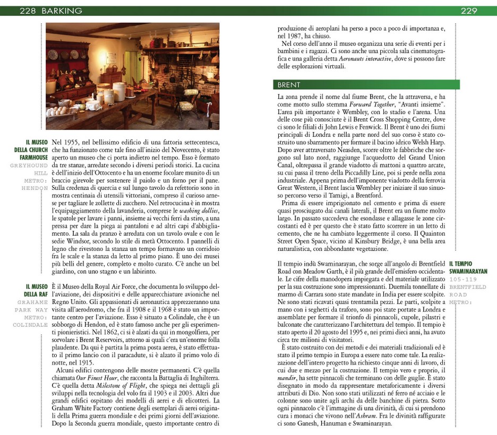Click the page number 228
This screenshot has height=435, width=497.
[x=28, y=11]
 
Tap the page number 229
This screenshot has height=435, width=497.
[x=469, y=11]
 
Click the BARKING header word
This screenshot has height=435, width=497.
[x=62, y=11]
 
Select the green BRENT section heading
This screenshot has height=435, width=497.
[x=289, y=85]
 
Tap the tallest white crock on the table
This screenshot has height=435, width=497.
[x=119, y=91]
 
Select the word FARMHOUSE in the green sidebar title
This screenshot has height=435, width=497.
[x=33, y=158]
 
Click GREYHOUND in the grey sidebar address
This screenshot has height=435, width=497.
[x=29, y=166]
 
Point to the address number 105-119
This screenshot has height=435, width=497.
[x=462, y=279]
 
